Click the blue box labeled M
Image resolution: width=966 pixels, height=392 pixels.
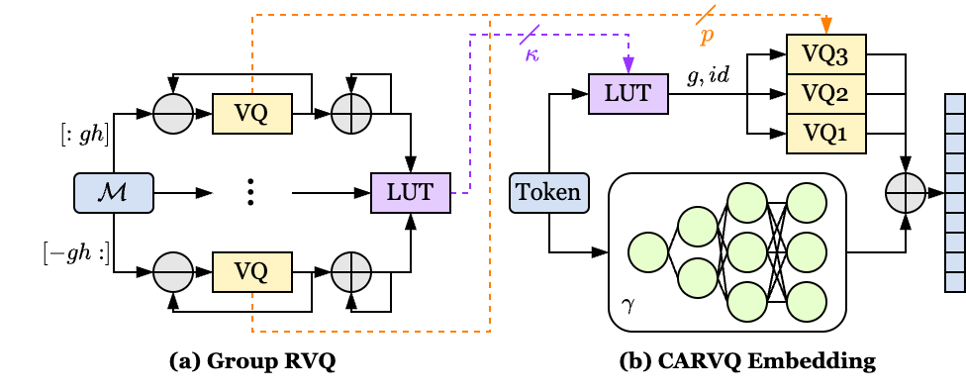click(x=114, y=193)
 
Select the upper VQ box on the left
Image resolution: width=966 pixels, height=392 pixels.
click(x=252, y=114)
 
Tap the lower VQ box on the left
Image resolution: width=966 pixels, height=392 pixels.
click(x=252, y=271)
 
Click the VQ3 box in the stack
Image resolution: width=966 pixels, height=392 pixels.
click(x=825, y=54)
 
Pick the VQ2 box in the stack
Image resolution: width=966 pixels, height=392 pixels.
click(x=825, y=94)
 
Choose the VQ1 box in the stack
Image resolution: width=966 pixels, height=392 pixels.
click(x=825, y=133)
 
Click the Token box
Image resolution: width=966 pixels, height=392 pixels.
click(x=548, y=193)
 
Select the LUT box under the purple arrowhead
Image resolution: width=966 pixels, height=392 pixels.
click(x=628, y=94)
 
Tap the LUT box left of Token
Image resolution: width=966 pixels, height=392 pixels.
click(x=410, y=193)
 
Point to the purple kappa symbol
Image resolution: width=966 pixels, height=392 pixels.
click(x=532, y=54)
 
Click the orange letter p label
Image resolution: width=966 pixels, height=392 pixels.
click(x=707, y=36)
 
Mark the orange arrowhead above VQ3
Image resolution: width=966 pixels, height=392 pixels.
click(x=826, y=26)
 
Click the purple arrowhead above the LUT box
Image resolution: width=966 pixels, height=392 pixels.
click(x=628, y=65)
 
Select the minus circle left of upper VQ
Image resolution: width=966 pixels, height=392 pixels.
click(x=173, y=114)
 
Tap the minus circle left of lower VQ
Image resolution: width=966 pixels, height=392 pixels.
click(x=173, y=271)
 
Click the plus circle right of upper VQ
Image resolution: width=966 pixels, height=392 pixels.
click(x=351, y=114)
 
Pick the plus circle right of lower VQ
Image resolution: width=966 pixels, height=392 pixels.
click(x=351, y=271)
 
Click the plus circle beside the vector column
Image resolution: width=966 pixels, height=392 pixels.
click(x=905, y=193)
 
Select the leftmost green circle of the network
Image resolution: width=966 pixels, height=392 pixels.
click(x=648, y=252)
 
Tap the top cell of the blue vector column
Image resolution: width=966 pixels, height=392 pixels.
click(x=955, y=104)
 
